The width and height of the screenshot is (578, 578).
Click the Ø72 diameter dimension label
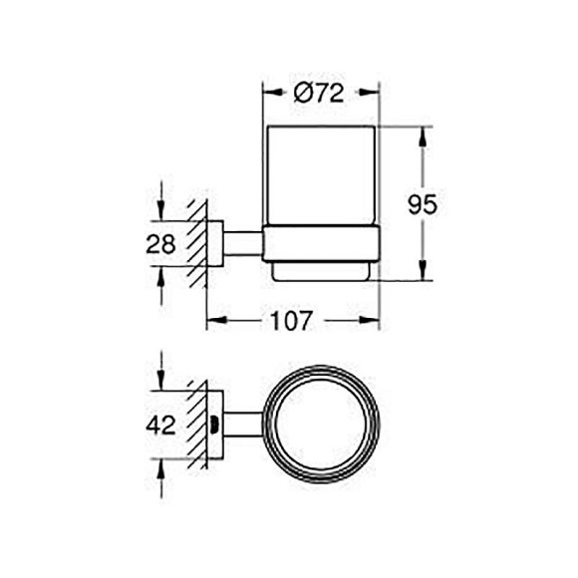click(x=320, y=94)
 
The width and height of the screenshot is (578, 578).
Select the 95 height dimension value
click(x=424, y=204)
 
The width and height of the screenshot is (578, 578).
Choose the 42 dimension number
click(x=160, y=425)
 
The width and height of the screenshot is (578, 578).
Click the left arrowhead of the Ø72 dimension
click(x=269, y=94)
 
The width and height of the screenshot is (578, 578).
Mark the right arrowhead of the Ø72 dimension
click(x=375, y=94)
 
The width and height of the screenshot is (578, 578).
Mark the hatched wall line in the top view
click(x=199, y=425)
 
